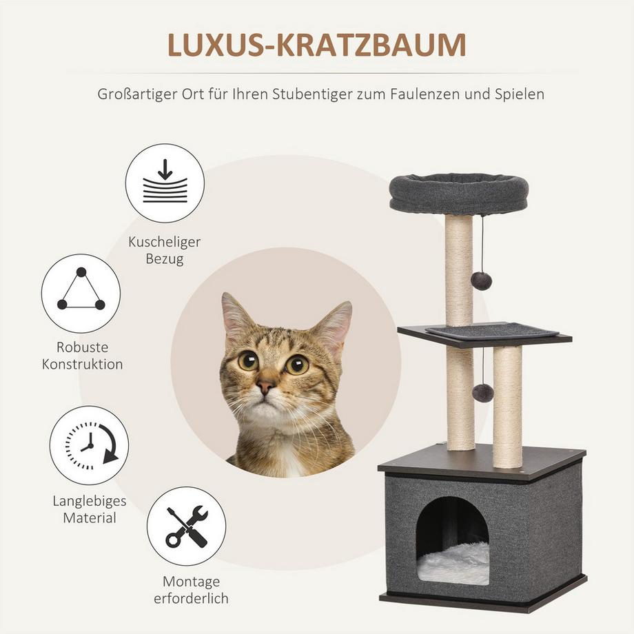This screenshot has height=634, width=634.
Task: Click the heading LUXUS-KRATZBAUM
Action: (x=316, y=45)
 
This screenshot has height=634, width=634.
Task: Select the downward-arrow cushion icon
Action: (x=165, y=183)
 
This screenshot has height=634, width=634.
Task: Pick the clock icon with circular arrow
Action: (x=90, y=445)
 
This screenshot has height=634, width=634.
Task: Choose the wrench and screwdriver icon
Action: (x=186, y=526)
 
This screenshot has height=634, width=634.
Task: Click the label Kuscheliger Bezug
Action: (x=165, y=250)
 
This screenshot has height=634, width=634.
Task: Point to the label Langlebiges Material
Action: (x=90, y=509)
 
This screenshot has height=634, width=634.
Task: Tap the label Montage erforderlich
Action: (x=192, y=589)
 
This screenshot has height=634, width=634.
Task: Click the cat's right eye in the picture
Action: (x=297, y=364)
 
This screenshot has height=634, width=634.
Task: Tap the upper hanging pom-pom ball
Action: (x=481, y=279)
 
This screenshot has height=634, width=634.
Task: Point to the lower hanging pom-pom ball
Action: (x=482, y=393)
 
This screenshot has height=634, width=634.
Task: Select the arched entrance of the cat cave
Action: (x=453, y=540)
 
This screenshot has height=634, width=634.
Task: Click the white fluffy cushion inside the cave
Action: (x=453, y=564)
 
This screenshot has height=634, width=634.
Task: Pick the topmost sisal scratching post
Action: (x=459, y=270)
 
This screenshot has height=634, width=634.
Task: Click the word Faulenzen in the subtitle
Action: (x=425, y=94)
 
